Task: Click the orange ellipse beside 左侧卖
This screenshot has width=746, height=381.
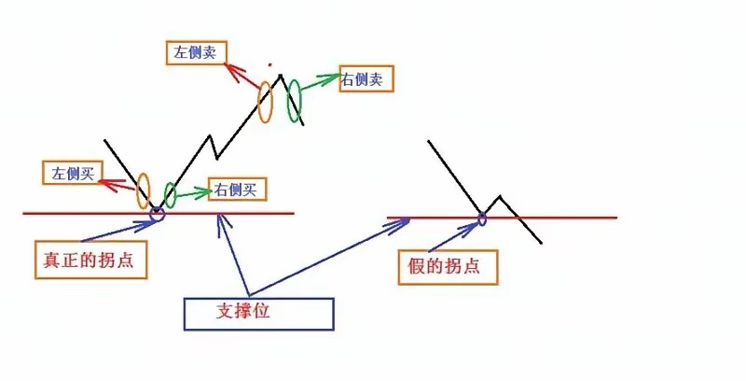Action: pos(265,102)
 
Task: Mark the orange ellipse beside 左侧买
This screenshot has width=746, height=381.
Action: pos(143,190)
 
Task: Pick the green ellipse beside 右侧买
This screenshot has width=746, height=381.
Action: pos(170,194)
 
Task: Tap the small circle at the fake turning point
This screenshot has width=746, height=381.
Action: pos(482,219)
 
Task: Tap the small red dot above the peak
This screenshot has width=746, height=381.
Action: pos(270,65)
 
